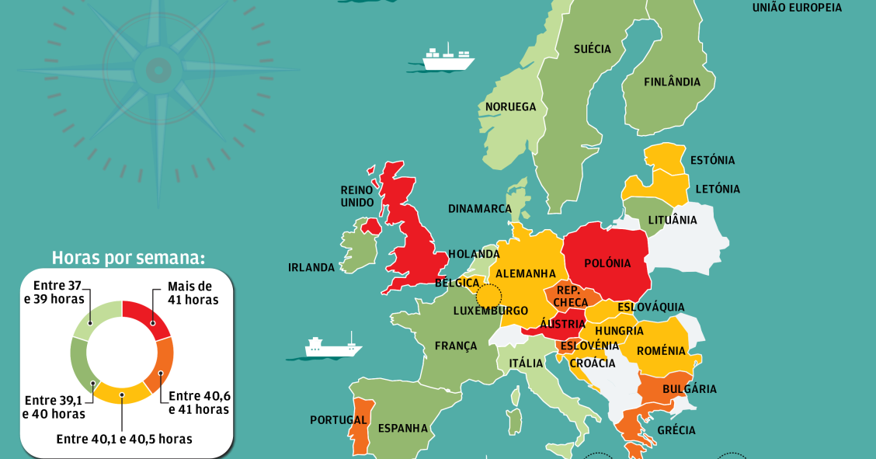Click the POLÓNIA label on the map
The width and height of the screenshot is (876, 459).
click(x=607, y=263)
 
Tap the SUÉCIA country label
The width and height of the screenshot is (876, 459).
click(x=592, y=49)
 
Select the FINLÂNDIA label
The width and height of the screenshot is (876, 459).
click(x=672, y=82)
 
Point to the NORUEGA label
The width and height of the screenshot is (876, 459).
click(x=510, y=106)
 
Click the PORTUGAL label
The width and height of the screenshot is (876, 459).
click(x=338, y=420)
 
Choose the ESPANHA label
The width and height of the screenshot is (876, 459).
click(x=402, y=428)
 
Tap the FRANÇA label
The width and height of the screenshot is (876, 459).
click(x=456, y=346)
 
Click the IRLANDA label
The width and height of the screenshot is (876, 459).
click(x=311, y=267)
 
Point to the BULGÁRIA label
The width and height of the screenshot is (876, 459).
click(x=690, y=389)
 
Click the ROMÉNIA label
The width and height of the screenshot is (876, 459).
click(x=661, y=351)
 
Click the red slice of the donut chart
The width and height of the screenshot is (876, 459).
click(x=152, y=317)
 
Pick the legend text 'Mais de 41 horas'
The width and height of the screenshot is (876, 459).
click(x=193, y=293)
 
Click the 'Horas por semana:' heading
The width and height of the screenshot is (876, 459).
click(x=128, y=258)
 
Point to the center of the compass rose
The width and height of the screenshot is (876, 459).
click(x=158, y=71)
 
